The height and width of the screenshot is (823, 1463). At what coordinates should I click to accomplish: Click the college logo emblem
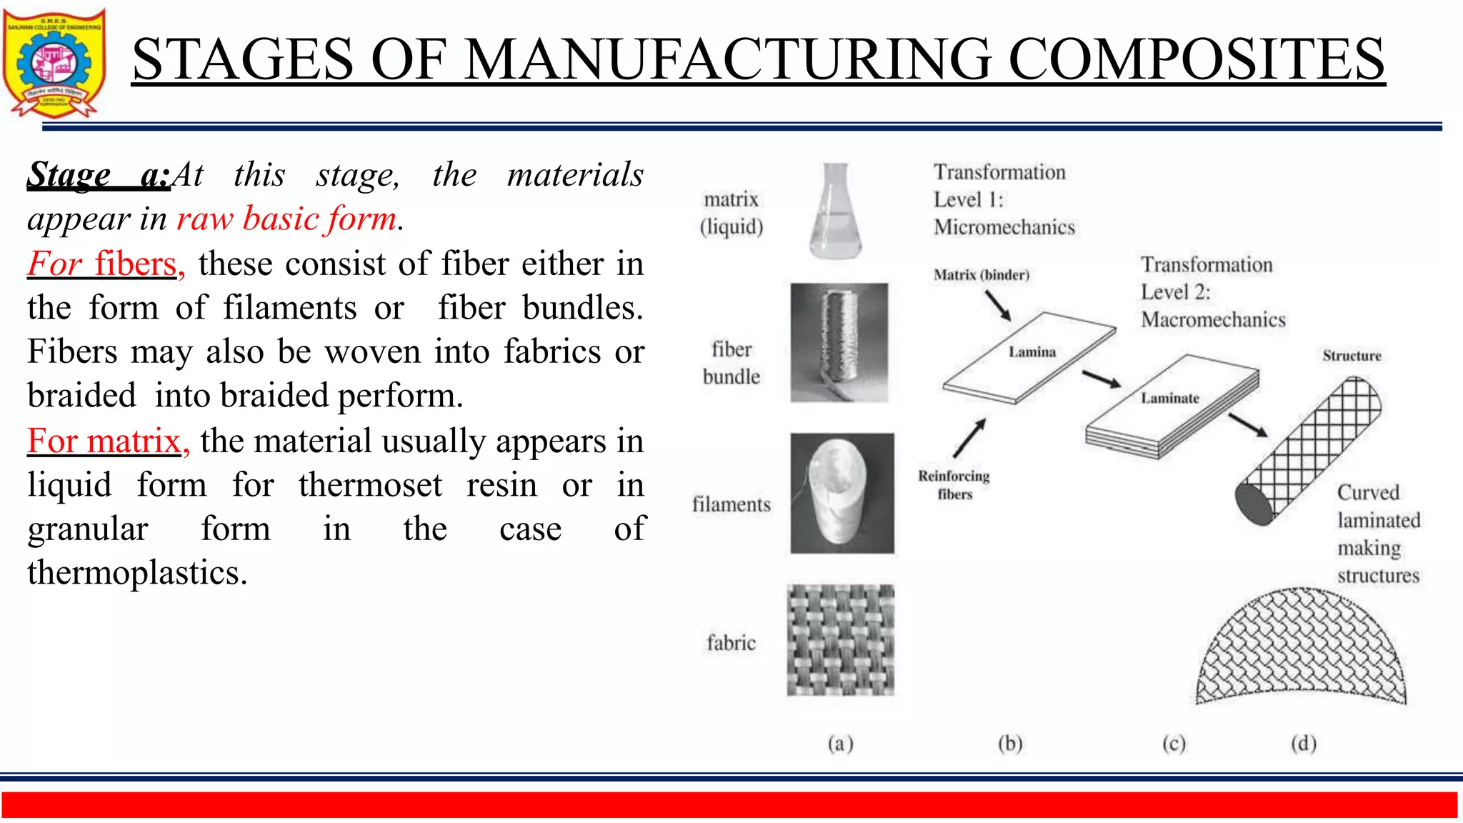pos(54,63)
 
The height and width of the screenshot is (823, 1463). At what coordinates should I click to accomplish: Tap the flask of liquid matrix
pos(836,211)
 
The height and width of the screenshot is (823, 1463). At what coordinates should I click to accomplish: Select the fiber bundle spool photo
pos(839,342)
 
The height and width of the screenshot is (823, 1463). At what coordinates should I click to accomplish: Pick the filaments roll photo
pos(842,493)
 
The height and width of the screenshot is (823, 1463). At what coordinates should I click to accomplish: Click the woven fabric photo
pos(840,640)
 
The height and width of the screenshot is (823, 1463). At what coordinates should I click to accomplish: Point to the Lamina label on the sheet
pos(1032,351)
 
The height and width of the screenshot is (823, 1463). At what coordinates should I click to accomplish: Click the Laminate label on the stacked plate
pos(1169,398)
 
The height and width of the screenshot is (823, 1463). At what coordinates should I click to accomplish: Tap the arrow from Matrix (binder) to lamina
pos(997,306)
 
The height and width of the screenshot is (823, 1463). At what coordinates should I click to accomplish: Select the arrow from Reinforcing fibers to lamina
pos(969,437)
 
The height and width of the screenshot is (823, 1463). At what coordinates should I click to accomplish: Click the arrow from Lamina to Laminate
pos(1101,379)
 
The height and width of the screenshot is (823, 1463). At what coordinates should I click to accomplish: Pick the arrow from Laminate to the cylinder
pos(1247,425)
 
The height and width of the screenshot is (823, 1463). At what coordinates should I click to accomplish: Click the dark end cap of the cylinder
pos(1254,504)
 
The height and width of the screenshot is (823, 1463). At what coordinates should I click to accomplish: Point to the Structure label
pos(1352,356)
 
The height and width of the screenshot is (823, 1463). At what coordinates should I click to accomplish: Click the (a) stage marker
pos(841,744)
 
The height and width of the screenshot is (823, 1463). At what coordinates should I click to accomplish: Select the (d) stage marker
pos(1303,744)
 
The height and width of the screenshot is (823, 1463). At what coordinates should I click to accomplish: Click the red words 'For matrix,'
pos(108,441)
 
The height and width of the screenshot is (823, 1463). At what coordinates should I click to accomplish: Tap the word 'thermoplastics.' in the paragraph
pos(137,573)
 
